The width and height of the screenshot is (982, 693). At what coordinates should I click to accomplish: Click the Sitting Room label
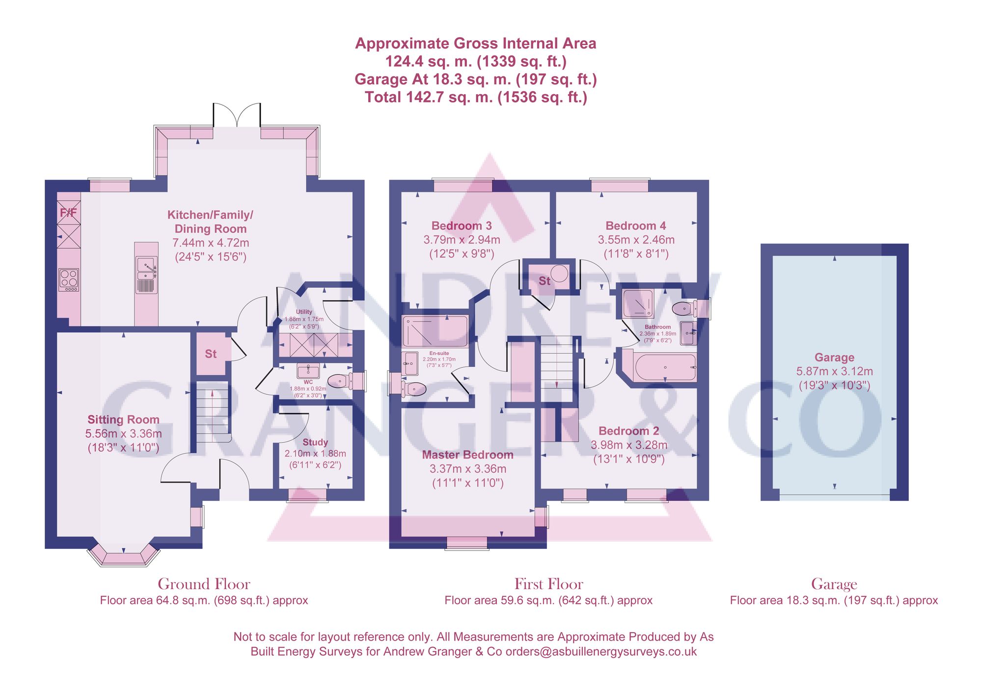pos(123,419)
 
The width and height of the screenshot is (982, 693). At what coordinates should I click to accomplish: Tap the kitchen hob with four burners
pos(69,279)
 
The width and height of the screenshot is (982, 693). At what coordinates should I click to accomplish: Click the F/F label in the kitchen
pos(68,212)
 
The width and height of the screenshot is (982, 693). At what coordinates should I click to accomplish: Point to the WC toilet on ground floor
pos(340,381)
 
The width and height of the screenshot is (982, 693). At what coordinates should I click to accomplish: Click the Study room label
pos(315,442)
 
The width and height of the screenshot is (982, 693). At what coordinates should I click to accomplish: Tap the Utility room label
pos(304,311)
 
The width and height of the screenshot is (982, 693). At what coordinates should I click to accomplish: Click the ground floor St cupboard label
pos(211,354)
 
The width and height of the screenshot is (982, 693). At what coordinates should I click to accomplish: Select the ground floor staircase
pos(213,412)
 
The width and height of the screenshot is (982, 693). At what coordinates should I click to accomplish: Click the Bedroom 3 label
pos(462,226)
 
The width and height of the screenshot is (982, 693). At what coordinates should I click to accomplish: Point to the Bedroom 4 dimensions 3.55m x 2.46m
pos(636,240)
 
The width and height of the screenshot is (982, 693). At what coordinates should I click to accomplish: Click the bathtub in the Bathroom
pos(665,367)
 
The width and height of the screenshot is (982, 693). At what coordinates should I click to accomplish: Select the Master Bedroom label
pos(467,455)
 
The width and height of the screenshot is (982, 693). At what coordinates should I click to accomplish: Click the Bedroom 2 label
pos(628,431)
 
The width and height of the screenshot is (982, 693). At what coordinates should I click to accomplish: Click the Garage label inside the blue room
pos(834,357)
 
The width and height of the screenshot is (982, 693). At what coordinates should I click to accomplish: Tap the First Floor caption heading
pos(548,584)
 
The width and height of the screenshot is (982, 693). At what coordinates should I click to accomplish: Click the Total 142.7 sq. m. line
pos(476,97)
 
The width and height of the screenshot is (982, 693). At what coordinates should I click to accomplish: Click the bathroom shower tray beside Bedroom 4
pos(638,304)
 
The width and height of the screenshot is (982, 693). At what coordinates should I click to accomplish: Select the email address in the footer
pos(601,651)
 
